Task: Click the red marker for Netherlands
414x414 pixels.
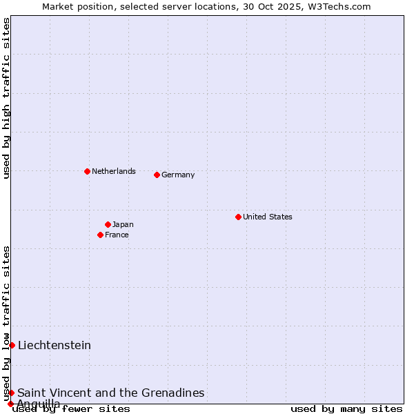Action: [x=87, y=171]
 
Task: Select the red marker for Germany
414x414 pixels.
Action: [x=157, y=175]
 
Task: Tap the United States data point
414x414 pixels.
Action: [x=238, y=217]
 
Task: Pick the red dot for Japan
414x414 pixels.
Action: [x=108, y=224]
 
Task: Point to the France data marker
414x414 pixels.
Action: [x=101, y=235]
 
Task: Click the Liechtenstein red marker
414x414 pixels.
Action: [x=12, y=345]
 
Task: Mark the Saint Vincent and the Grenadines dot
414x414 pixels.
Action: [x=11, y=393]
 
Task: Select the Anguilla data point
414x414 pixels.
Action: [x=10, y=404]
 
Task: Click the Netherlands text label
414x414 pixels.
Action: [x=113, y=171]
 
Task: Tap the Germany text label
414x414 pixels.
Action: [x=178, y=175]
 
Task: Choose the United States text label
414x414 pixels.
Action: [x=267, y=217]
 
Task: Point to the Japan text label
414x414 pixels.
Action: [x=123, y=224]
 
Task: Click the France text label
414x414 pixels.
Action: [x=117, y=235]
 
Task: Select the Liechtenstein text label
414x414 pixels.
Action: [x=55, y=345]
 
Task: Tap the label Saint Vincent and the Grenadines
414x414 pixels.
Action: [x=111, y=393]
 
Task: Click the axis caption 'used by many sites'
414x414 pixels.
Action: [x=346, y=408]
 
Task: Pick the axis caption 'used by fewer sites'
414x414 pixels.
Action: [x=72, y=408]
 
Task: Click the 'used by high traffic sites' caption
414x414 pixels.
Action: [x=7, y=98]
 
